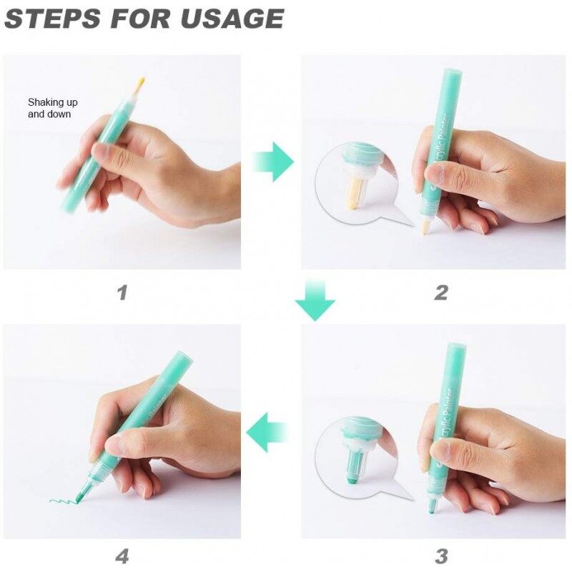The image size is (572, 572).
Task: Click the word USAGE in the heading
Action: tap(232, 19)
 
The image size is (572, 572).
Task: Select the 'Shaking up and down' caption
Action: tap(52, 108)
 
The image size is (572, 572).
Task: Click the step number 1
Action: tap(122, 292)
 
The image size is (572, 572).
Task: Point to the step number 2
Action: tap(441, 292)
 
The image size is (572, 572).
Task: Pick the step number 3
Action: tap(441, 556)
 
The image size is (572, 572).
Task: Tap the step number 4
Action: tap(122, 556)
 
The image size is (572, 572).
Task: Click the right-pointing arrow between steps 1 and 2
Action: tap(273, 162)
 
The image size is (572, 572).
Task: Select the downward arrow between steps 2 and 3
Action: tap(315, 300)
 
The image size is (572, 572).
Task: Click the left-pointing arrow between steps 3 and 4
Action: tap(267, 433)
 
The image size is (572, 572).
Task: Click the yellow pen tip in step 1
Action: tap(140, 84)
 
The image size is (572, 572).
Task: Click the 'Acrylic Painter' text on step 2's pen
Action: tap(442, 144)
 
